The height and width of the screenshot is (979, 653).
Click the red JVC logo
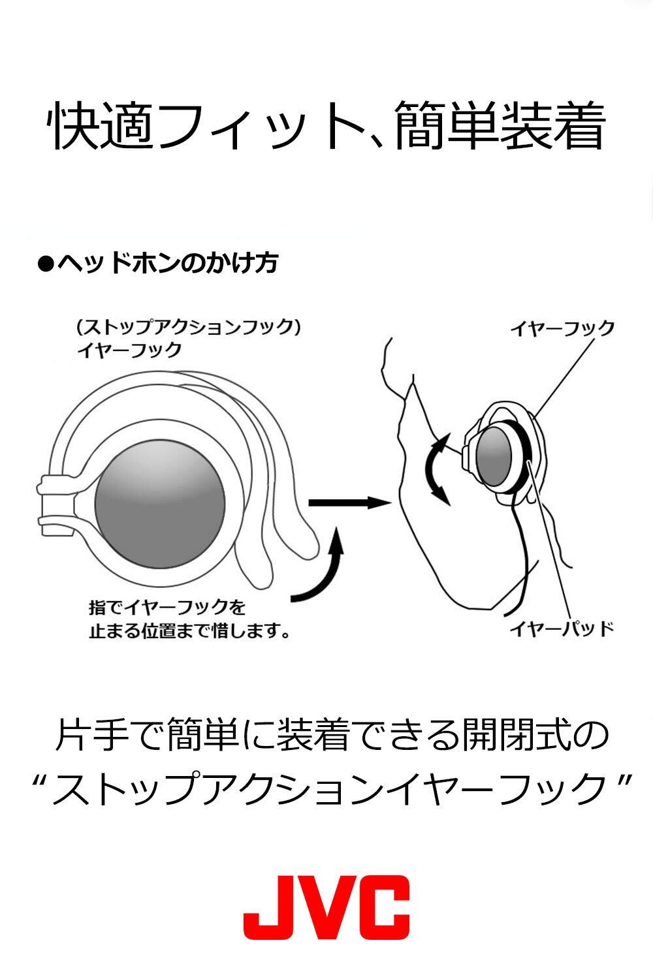coord(326,907)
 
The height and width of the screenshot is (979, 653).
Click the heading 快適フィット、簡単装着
coord(326,125)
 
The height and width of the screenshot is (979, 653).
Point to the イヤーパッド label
coord(562,629)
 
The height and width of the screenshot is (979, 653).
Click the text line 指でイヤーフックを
coord(167,607)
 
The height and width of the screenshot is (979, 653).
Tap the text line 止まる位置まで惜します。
coord(189,631)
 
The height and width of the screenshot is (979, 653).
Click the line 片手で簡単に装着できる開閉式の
coord(326,736)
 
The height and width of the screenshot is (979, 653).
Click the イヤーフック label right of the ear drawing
coord(562,328)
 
